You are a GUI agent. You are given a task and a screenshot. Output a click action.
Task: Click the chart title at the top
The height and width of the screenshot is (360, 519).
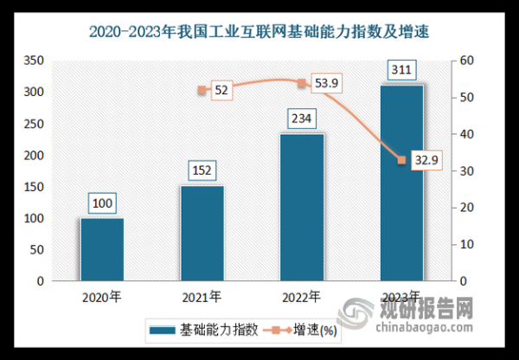(259, 33)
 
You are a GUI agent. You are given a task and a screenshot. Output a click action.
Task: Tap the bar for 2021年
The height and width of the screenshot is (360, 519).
(202, 234)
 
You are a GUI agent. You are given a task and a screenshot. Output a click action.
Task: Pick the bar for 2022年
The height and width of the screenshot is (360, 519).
(301, 208)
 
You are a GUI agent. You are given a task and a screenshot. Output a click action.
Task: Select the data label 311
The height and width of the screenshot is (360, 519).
(401, 70)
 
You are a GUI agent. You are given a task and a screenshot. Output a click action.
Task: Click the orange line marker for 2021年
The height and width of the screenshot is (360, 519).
(202, 90)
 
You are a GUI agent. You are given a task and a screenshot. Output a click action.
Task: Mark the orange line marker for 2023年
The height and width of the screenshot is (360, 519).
(401, 160)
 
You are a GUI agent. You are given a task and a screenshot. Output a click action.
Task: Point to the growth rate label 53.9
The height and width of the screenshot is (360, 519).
(324, 83)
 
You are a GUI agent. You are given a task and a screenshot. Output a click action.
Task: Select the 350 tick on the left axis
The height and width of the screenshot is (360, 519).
(34, 61)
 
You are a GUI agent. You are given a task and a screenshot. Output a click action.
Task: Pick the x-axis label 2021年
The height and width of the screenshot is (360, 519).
(202, 297)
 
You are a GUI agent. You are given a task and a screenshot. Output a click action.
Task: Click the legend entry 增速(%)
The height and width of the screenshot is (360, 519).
(305, 330)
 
